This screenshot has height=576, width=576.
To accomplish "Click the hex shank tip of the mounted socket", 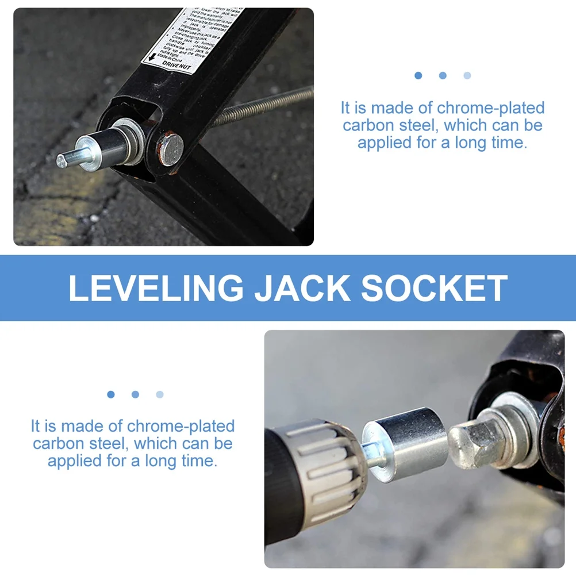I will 64,160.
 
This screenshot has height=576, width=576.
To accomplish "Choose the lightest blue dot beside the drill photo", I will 159,394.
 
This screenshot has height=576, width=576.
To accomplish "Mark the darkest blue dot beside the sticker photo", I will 418,75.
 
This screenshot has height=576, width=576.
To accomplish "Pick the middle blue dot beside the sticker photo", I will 443,75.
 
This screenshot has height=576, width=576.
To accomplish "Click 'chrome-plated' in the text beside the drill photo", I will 181,426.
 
